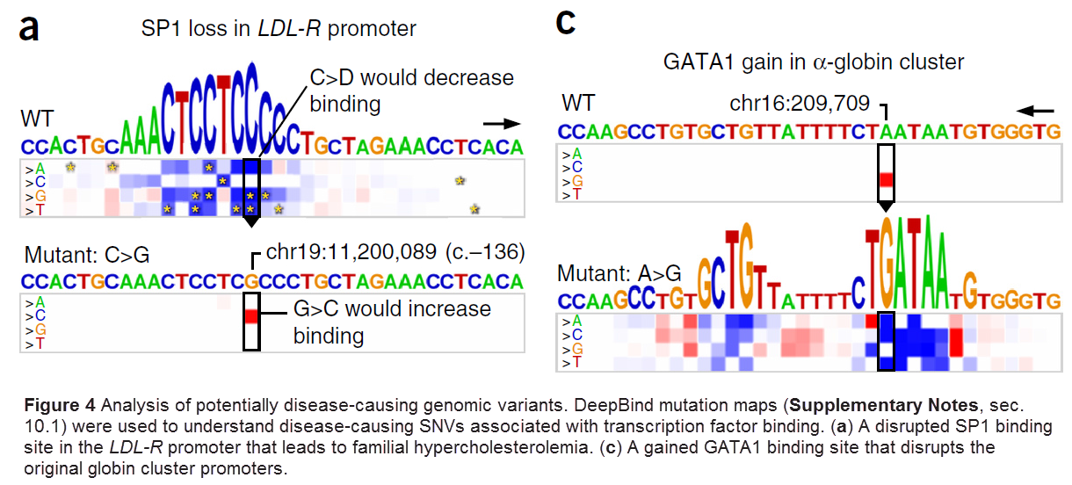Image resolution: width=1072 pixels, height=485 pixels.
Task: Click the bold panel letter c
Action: (567, 22)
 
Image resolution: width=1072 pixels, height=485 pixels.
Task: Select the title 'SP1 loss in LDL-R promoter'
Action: (279, 29)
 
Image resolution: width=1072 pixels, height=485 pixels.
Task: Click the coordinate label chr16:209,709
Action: (800, 105)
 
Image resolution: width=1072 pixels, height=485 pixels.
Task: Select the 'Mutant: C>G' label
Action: (87, 256)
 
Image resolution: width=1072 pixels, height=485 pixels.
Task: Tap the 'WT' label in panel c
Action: (577, 104)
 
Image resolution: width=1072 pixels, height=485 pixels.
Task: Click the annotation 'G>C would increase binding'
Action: (391, 322)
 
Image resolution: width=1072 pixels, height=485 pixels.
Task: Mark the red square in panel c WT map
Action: (886, 180)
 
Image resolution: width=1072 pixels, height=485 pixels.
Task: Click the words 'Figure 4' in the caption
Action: (58, 407)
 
